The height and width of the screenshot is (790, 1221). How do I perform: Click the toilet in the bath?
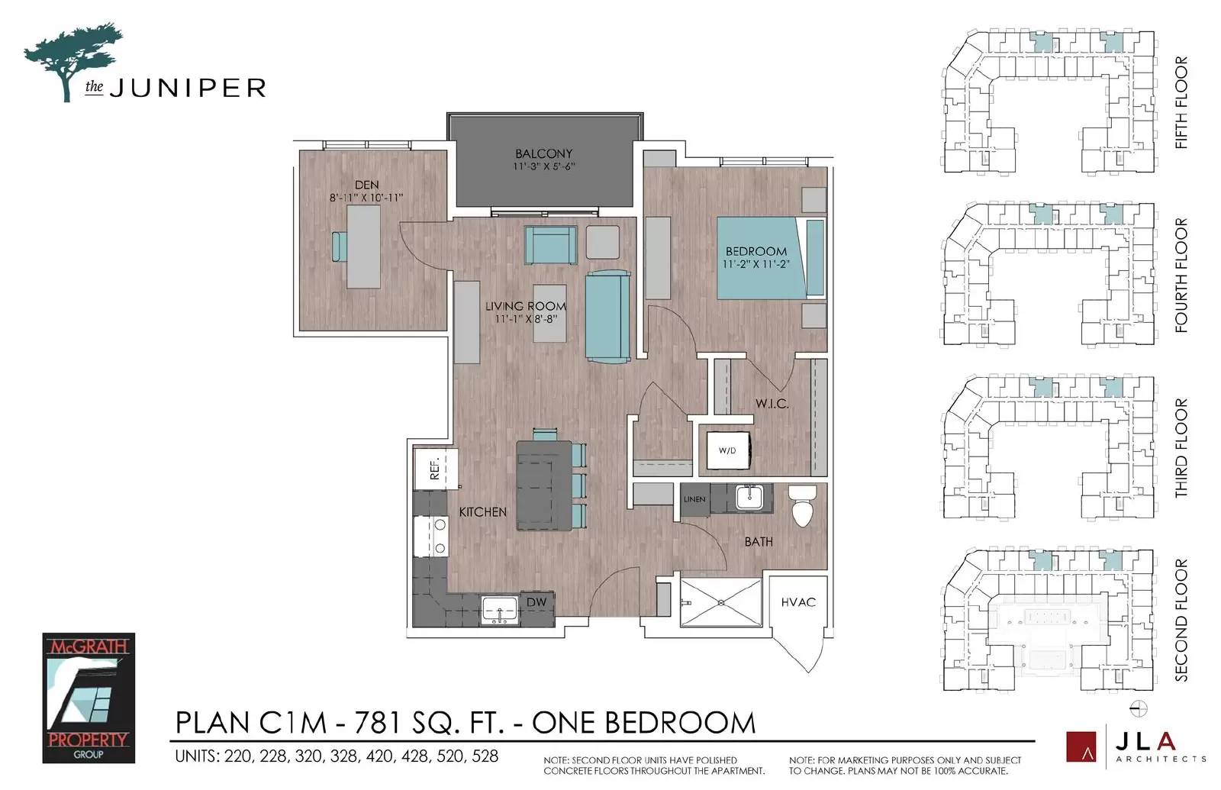802,506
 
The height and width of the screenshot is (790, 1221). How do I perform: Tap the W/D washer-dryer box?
729,450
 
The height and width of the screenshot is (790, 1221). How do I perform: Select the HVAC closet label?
798,602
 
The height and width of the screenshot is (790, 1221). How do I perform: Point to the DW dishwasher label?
536,602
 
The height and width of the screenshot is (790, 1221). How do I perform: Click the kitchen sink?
499,610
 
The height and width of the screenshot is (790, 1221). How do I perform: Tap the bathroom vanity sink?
749,497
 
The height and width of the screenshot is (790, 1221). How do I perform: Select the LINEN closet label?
694,499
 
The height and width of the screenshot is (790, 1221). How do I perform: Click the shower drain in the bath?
721,602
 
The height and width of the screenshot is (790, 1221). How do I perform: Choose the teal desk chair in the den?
339,247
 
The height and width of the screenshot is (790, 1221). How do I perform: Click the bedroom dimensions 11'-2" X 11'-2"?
756,264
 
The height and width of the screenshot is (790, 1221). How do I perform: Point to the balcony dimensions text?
543,166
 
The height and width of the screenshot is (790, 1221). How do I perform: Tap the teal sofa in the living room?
607,317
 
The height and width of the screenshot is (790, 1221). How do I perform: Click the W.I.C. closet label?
772,404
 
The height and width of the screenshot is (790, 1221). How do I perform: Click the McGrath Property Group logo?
89,698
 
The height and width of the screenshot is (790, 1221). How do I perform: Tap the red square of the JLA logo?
1081,746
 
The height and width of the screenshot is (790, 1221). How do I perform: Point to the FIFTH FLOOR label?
1181,102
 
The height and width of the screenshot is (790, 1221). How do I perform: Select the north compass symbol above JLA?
1139,709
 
